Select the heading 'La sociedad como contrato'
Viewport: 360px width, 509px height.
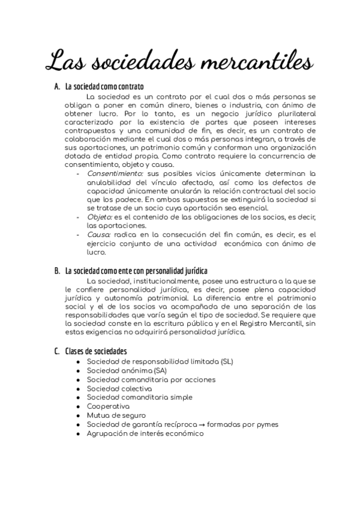click(x=104, y=87)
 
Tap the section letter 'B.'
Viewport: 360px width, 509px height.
click(x=58, y=271)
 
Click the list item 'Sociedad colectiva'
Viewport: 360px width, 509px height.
click(x=119, y=388)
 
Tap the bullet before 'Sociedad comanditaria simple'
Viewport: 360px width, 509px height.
click(x=79, y=397)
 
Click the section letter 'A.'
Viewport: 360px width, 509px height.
click(x=58, y=87)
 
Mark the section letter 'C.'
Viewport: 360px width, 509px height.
click(x=58, y=351)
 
